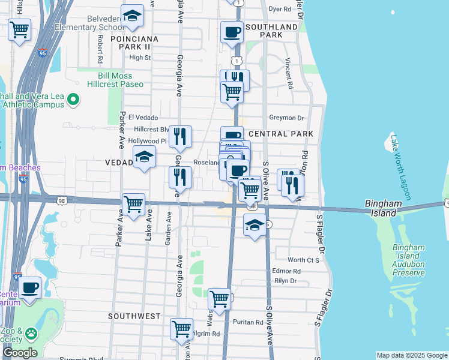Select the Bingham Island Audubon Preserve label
pos(408,260)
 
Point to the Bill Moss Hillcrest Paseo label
pos(121,80)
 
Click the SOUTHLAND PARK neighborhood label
pos(271,31)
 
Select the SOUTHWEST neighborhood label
pos(134,316)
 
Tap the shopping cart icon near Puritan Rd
pos(220,298)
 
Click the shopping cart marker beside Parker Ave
pos(133,203)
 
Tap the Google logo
pos(20,353)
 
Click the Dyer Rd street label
pos(279,9)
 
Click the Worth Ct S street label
pos(303,260)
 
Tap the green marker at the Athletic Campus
pos(74,99)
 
